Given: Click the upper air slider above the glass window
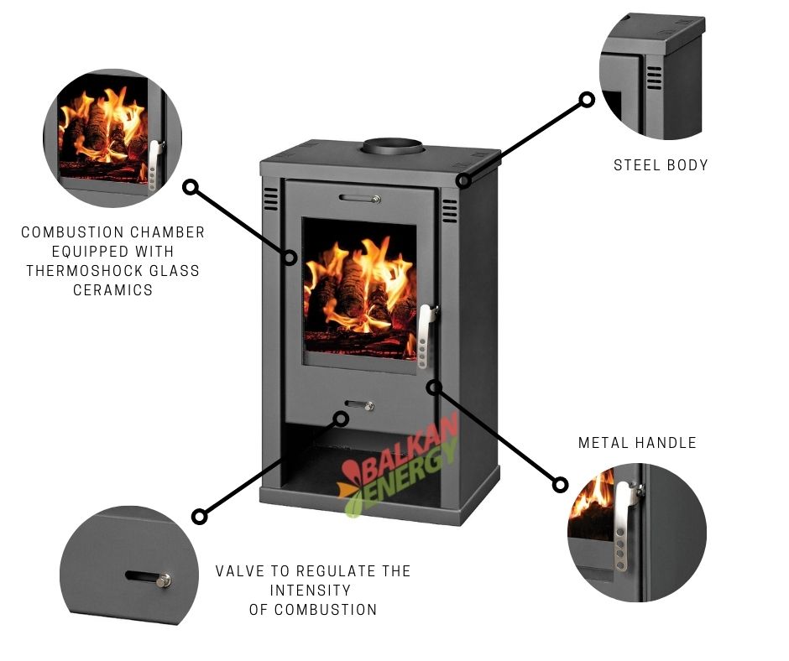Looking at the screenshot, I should (x=360, y=199).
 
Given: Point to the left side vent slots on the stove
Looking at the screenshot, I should (x=270, y=199).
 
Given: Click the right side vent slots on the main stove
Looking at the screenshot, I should (x=450, y=211).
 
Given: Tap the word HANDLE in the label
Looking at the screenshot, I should (x=666, y=442).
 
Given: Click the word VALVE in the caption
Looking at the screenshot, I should (x=241, y=571).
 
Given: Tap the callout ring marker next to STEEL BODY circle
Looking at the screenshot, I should (x=587, y=100).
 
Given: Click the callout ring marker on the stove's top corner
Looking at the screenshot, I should (x=463, y=180).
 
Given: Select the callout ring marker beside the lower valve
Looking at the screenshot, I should (x=340, y=417).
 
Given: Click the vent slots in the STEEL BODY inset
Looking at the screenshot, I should (x=654, y=78).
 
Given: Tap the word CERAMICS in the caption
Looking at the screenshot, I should (x=112, y=290).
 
